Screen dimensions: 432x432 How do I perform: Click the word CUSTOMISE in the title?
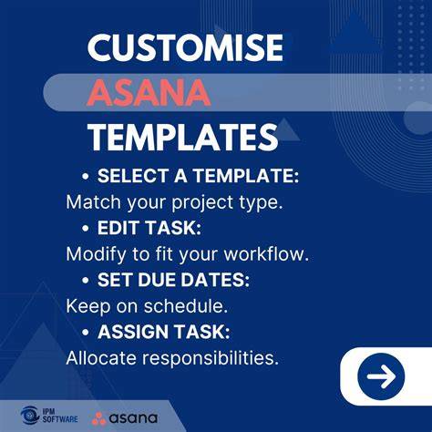click(185, 47)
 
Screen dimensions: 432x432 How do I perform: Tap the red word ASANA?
click(149, 93)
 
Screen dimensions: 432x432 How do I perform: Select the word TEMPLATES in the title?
click(182, 137)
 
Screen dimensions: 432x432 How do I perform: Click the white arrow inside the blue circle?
click(381, 376)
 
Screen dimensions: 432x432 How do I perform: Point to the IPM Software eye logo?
click(29, 416)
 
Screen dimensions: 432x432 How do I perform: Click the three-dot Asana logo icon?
click(98, 418)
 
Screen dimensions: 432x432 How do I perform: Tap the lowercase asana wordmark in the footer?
click(133, 418)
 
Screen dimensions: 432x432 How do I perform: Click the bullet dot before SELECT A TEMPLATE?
click(86, 176)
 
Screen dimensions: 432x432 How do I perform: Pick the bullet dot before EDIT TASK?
click(86, 228)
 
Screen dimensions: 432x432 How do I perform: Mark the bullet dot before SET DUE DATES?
click(86, 280)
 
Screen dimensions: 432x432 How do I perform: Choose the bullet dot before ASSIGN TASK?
click(86, 332)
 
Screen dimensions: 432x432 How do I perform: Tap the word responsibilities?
click(211, 358)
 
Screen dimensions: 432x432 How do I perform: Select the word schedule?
click(186, 305)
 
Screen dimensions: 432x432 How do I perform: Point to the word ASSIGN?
click(134, 332)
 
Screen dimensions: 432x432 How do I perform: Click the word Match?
click(93, 201)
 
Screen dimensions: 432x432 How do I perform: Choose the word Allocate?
click(101, 358)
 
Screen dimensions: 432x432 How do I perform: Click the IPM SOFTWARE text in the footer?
click(60, 416)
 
